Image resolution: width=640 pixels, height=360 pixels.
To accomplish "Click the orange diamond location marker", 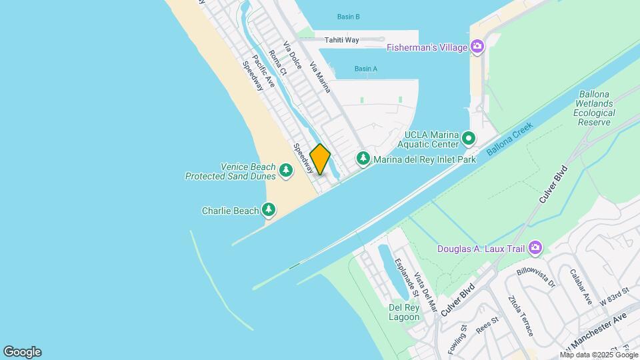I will (320, 159).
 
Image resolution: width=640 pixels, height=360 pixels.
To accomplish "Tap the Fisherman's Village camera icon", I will (477, 47).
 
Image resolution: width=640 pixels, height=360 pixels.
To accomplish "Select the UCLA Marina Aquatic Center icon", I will (469, 139).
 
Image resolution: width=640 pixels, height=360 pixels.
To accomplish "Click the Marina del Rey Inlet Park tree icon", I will (363, 159).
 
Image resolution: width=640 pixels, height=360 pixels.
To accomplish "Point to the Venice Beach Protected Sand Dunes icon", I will (286, 171).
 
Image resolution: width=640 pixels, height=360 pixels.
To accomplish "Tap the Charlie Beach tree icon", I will (269, 211).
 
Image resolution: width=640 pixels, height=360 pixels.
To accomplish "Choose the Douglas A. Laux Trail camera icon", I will (535, 249).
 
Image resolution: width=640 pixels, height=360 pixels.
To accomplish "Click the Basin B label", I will (348, 17).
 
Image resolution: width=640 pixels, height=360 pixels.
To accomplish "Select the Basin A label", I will (366, 69).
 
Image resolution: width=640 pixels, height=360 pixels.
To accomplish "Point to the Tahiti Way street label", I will (341, 40).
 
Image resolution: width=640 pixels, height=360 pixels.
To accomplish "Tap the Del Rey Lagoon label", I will (404, 312).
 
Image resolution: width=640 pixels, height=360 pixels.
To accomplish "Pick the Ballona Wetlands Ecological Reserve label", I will (594, 109).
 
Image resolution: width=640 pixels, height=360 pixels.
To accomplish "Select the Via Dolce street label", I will (293, 56).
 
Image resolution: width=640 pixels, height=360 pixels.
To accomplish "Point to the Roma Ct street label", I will (277, 62).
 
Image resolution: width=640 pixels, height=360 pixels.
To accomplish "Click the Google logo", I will (22, 352).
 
